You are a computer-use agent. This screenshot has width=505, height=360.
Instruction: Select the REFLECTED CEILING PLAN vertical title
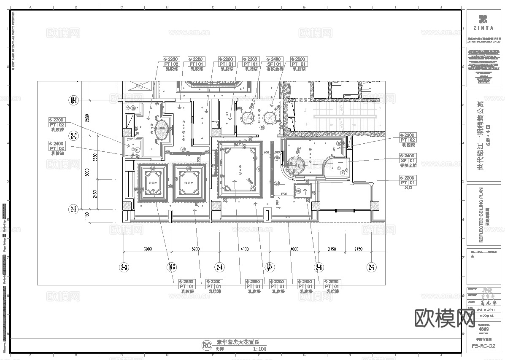[x=481, y=215]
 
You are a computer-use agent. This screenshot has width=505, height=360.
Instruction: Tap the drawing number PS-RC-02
[x=483, y=347]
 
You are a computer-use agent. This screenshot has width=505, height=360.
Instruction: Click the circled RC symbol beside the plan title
[x=207, y=345]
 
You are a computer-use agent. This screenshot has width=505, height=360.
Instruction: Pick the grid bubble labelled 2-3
[x=124, y=266]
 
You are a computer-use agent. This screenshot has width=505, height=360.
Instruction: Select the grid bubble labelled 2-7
[x=371, y=266]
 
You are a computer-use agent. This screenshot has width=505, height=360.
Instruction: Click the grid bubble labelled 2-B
[x=73, y=209]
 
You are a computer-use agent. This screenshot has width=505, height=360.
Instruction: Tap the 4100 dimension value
[x=245, y=249]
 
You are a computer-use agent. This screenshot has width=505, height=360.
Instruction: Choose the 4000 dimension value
[x=294, y=249]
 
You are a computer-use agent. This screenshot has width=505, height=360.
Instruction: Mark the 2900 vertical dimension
[x=87, y=118]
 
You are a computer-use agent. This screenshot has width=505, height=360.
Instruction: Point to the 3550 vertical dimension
[x=96, y=157]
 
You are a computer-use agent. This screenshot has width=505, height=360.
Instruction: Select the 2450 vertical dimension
[x=96, y=194]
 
